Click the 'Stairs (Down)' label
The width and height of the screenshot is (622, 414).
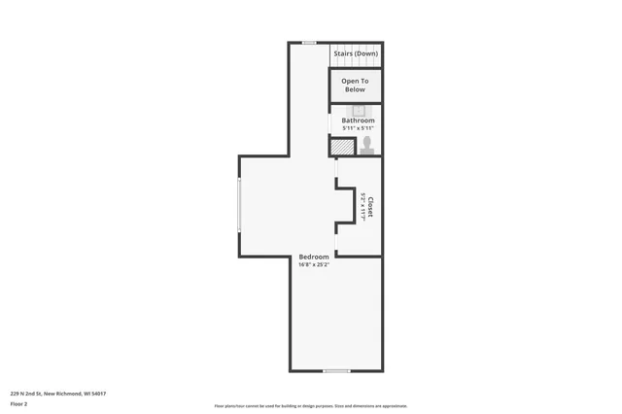pos(356,53)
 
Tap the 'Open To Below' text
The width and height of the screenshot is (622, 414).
pos(355,85)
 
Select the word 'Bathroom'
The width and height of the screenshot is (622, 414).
pos(358,121)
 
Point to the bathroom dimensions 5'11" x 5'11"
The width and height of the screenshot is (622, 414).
pos(358,128)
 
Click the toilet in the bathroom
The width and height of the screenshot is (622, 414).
pos(367,145)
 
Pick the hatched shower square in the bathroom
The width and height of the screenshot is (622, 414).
pos(342,147)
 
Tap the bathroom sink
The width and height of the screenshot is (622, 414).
pos(358,110)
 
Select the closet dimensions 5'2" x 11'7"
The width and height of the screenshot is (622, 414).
pos(363,208)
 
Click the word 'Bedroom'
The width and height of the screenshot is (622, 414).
pos(314,257)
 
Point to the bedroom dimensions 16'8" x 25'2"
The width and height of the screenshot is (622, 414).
pos(314,264)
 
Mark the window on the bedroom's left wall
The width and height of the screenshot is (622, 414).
pos(239,204)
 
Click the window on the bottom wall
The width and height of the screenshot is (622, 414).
pos(336,370)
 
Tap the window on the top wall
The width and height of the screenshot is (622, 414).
pos(308,43)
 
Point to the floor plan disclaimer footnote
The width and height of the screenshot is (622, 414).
pos(311,405)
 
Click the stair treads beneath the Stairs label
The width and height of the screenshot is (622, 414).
pos(356,62)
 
